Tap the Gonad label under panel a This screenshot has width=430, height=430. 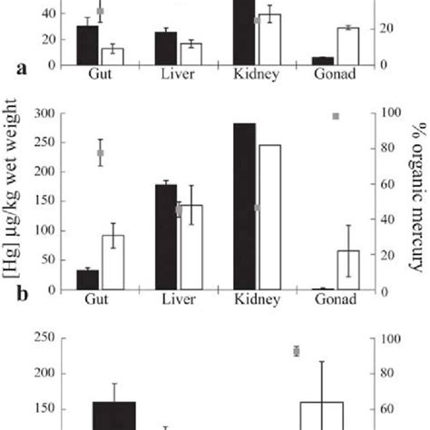336,73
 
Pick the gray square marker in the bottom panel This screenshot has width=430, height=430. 296,351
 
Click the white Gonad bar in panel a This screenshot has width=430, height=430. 347,45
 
